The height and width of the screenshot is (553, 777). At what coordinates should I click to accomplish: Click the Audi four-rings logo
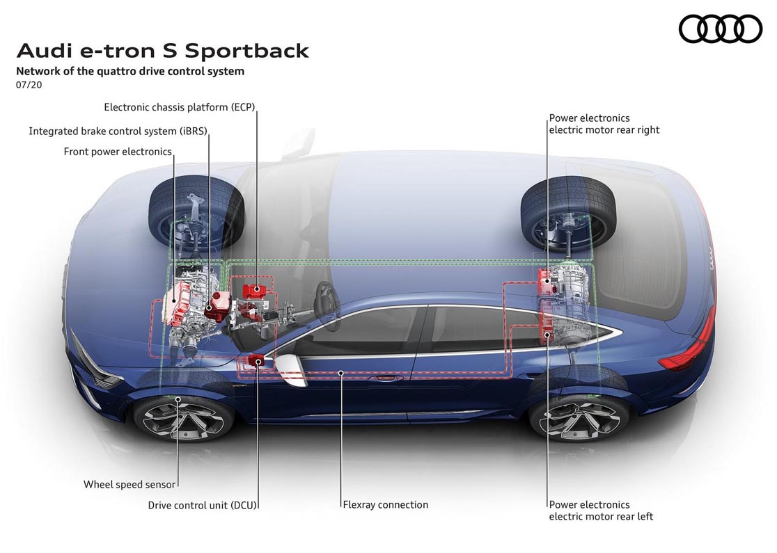point(720,29)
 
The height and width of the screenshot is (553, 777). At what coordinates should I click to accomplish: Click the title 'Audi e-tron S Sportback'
point(163,51)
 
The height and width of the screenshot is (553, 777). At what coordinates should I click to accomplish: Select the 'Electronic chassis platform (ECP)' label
point(180,107)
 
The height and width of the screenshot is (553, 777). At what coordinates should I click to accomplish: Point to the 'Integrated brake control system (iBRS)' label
point(118,131)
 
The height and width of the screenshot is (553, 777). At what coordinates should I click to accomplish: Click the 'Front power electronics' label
point(117,152)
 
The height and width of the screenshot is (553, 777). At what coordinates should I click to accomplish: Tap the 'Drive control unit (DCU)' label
point(203,505)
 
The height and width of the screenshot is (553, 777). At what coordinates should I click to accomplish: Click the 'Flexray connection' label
point(386,505)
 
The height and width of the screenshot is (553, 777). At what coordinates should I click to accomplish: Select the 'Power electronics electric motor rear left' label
point(601,511)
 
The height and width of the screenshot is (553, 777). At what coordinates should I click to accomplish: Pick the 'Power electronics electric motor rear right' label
point(604,124)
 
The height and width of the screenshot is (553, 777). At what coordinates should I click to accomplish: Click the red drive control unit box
point(255,360)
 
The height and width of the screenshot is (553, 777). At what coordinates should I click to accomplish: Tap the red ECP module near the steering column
point(253,288)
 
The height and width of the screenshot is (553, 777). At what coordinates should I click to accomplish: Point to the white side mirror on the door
point(292,369)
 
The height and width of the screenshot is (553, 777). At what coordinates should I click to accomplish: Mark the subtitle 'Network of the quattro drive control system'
point(130,71)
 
